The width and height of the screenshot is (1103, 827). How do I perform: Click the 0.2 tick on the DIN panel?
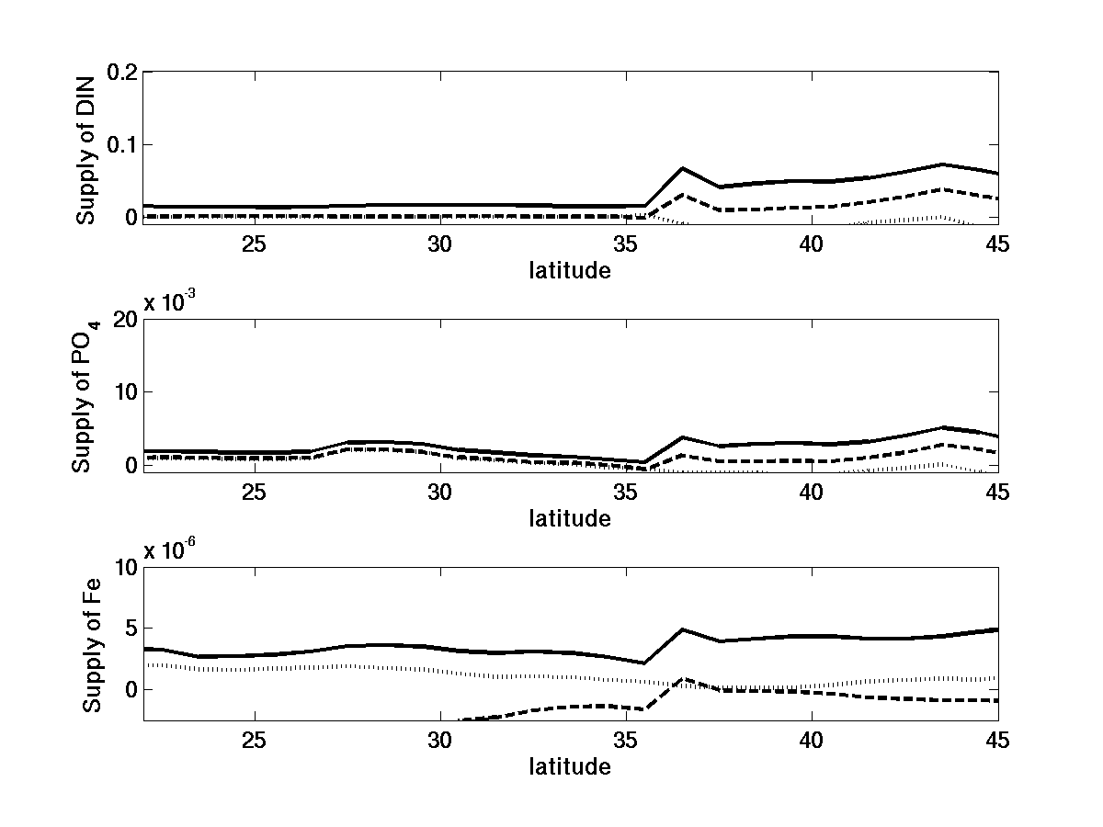click(121, 73)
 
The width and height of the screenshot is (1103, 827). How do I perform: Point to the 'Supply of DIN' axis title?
click(86, 147)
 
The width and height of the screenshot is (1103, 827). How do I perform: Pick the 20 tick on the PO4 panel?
click(125, 320)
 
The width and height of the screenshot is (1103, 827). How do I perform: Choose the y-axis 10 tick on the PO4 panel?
click(125, 392)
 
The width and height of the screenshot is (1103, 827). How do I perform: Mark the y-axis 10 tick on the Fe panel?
click(125, 568)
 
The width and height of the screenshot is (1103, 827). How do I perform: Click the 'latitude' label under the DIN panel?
click(569, 271)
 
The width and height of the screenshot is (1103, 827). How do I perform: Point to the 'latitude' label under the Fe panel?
click(569, 767)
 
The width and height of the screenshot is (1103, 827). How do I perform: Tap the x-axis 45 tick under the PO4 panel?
click(996, 493)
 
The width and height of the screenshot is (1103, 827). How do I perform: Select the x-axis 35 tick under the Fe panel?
click(625, 741)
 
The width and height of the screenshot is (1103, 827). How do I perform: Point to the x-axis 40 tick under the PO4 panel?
click(811, 493)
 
